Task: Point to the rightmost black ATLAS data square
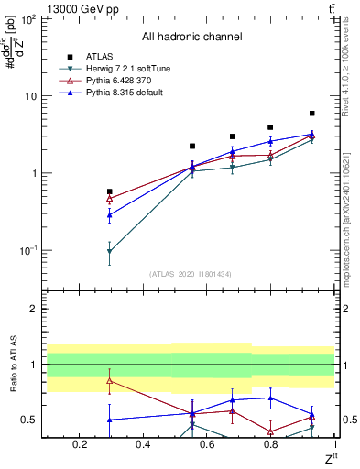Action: coord(312,114)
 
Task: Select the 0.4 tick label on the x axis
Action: coord(143,444)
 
